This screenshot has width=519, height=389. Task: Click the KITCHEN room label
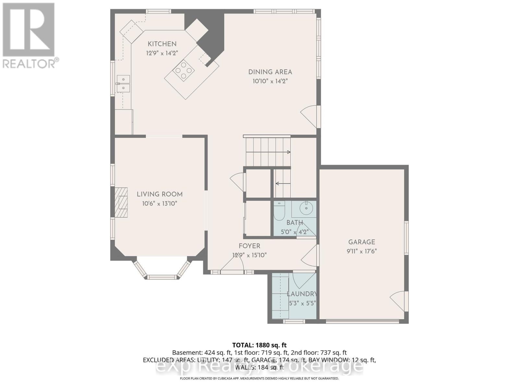coord(162,44)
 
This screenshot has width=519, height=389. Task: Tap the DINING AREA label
coord(270,72)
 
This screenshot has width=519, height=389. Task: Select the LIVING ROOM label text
coord(159,194)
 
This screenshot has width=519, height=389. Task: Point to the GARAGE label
coord(361,242)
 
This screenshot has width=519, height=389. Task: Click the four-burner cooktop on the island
coord(184,70)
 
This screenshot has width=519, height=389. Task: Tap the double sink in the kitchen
coord(123,84)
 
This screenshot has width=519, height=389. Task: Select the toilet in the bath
coord(279,210)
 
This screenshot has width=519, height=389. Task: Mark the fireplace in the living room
coord(121,203)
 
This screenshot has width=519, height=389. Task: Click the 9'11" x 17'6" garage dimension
coord(361,251)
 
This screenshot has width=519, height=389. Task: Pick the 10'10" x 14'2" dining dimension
coord(270,81)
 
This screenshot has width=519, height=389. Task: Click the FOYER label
coord(249,246)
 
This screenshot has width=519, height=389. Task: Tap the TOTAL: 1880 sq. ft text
coord(259,345)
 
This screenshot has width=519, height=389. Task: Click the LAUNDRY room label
coord(302,294)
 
